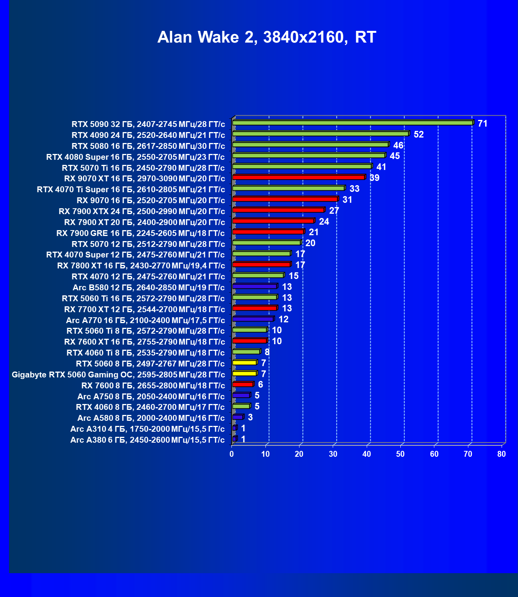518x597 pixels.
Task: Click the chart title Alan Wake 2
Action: (267, 37)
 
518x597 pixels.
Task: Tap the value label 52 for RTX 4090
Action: (418, 134)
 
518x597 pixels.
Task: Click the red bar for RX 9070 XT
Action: (298, 177)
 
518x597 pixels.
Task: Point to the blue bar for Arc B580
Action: (255, 286)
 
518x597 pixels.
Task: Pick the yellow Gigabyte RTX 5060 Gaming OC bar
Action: (244, 374)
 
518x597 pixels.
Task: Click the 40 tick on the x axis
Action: (367, 454)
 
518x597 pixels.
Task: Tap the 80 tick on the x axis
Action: (502, 454)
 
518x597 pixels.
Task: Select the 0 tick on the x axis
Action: (232, 454)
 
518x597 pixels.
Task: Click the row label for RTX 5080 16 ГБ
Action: (148, 146)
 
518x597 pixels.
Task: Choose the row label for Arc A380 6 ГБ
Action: (147, 440)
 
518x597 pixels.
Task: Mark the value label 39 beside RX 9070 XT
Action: (374, 178)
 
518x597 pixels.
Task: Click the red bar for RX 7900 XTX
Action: (278, 210)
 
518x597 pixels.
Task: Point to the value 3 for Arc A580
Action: (250, 417)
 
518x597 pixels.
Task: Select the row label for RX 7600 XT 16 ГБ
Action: (145, 342)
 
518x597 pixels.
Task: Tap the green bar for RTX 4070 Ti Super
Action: (288, 188)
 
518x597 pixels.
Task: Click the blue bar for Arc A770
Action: (253, 319)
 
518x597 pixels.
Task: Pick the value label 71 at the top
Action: (482, 123)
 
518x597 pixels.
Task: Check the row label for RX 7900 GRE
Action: (141, 233)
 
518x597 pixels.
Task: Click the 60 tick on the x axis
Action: (434, 454)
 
